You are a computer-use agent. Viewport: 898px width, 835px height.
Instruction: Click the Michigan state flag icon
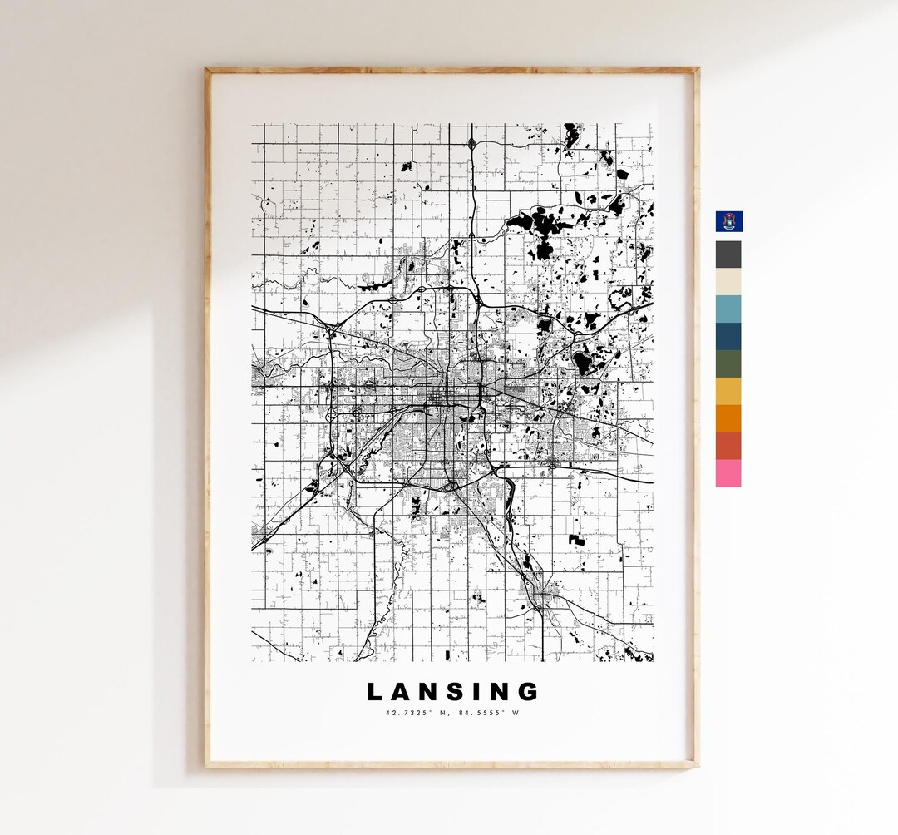[x=729, y=221]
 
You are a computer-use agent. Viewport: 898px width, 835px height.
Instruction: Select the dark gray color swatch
[x=728, y=254]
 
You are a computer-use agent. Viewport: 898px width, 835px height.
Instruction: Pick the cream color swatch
[x=728, y=282]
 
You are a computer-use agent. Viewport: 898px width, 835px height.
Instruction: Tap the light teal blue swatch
[x=728, y=309]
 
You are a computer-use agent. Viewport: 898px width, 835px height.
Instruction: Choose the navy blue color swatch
[x=728, y=337]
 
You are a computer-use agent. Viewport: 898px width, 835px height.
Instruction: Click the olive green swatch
[x=728, y=364]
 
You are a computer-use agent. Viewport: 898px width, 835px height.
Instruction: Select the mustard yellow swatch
[x=728, y=392]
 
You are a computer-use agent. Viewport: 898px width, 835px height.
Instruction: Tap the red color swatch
[x=728, y=446]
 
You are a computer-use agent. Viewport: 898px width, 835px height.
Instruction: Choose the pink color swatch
[x=728, y=473]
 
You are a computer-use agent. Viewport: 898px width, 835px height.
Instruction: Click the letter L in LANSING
[x=375, y=692]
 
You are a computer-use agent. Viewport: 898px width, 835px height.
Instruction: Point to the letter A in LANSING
[x=403, y=692]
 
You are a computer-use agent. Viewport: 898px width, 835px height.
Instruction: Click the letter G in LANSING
[x=530, y=692]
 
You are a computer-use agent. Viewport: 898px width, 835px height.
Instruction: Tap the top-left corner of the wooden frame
[x=207, y=71]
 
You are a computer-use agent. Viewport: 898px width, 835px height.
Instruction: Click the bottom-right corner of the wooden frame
[x=696, y=764]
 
